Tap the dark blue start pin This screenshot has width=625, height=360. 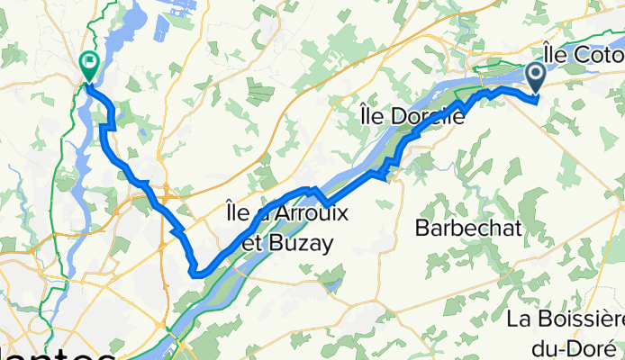tap(536, 76)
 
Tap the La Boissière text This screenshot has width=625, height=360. tap(566, 319)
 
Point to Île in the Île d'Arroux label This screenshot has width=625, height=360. tap(232, 214)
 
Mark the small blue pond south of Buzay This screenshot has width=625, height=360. tap(334, 287)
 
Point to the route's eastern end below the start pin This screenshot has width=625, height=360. tap(537, 99)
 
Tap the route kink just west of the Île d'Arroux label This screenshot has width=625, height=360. tap(176, 231)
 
